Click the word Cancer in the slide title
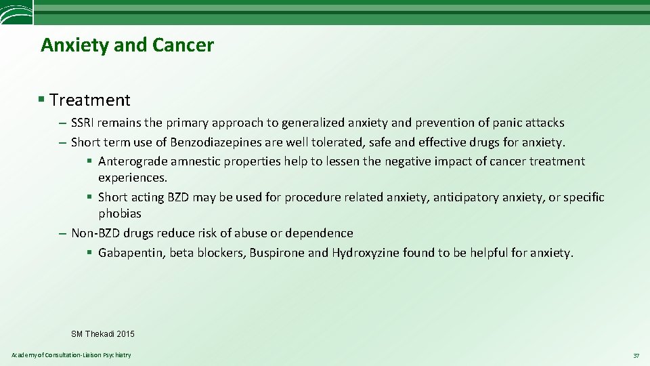point(183,45)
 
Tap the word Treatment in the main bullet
point(90,100)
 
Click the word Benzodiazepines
point(212,142)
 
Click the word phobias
point(120,213)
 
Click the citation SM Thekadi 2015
point(103,333)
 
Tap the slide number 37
point(636,356)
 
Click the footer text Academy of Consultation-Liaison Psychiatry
point(72,355)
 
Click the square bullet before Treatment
point(42,100)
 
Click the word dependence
point(319,233)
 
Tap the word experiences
point(132,178)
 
